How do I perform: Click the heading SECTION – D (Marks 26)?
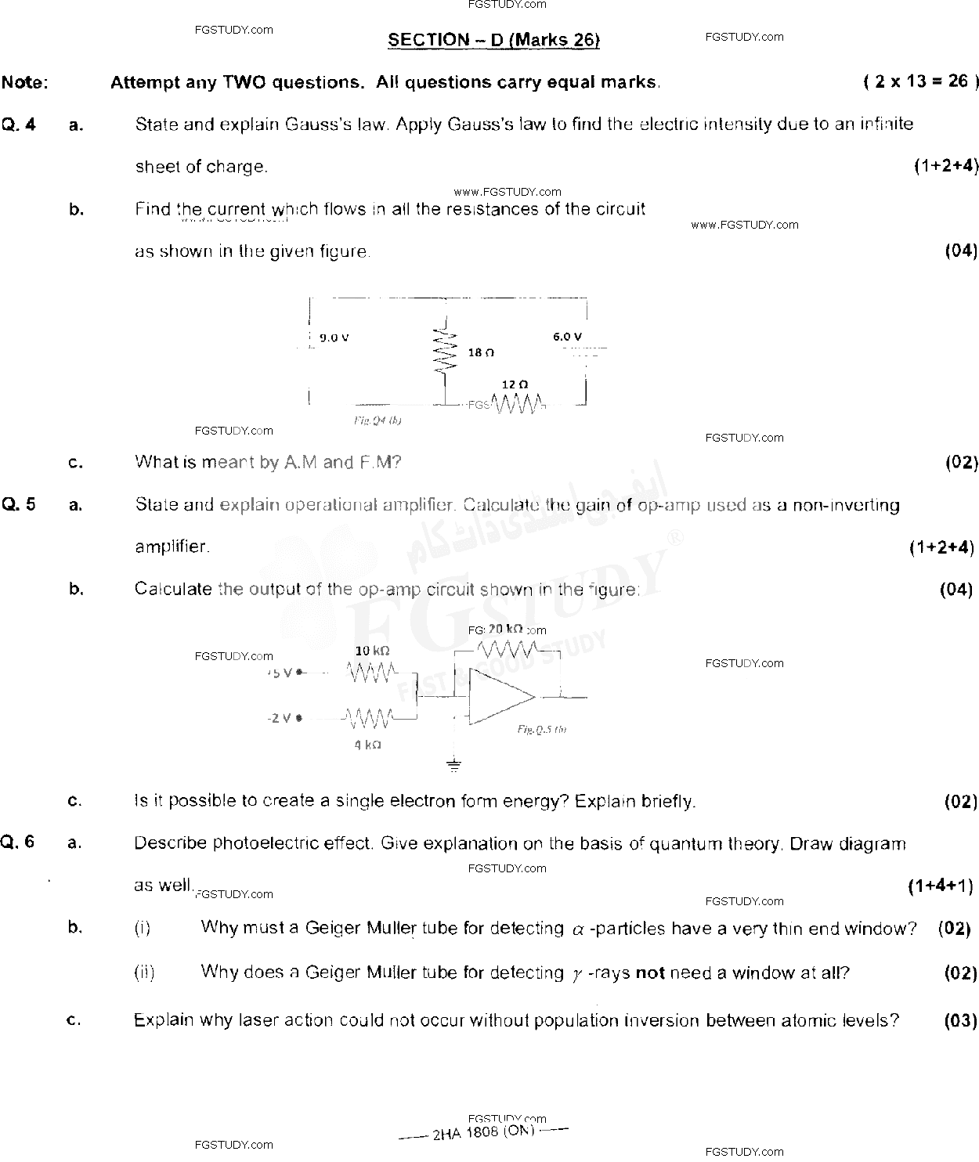point(493,40)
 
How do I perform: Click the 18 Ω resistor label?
point(480,353)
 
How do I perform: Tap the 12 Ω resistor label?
point(515,384)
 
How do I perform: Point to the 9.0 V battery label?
point(334,338)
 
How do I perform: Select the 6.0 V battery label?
point(567,337)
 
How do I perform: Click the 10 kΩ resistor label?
point(372,651)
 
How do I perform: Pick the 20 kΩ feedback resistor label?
point(505,629)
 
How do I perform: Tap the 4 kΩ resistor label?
point(367,745)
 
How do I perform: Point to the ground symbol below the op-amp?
point(454,765)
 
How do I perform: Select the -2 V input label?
point(280,717)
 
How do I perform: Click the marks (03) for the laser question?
point(960,1020)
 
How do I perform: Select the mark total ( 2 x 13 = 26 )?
point(921,81)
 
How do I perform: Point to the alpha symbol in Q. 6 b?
point(578,930)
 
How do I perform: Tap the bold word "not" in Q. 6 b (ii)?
point(649,973)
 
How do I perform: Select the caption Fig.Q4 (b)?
point(378,420)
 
